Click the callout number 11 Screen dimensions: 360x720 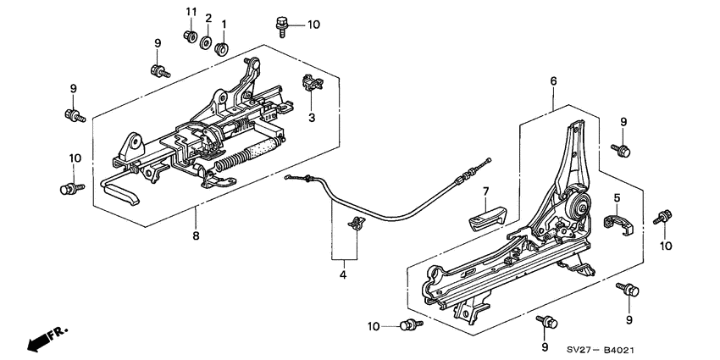click(191, 11)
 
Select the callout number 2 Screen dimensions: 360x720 click(207, 18)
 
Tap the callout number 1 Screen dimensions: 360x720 click(224, 23)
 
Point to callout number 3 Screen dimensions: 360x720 click(311, 117)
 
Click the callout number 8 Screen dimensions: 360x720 click(196, 235)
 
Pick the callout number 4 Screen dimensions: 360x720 click(343, 274)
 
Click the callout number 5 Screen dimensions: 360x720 click(616, 199)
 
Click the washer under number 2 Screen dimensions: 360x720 click(207, 42)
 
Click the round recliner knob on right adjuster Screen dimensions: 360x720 click(580, 203)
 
